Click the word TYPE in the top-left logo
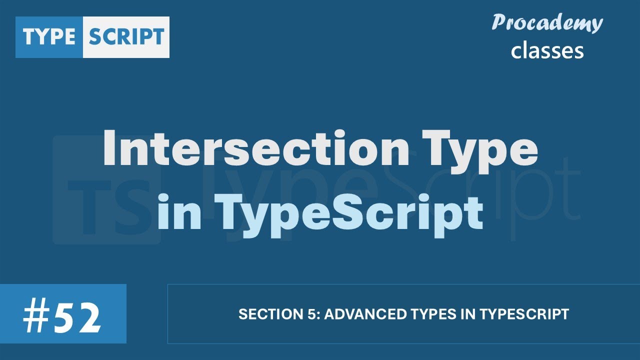click(x=49, y=37)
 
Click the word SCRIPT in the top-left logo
click(x=126, y=37)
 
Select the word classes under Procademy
click(x=547, y=50)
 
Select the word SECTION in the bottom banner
click(x=263, y=314)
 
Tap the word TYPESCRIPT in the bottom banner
click(x=524, y=314)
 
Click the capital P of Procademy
click(x=499, y=23)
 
